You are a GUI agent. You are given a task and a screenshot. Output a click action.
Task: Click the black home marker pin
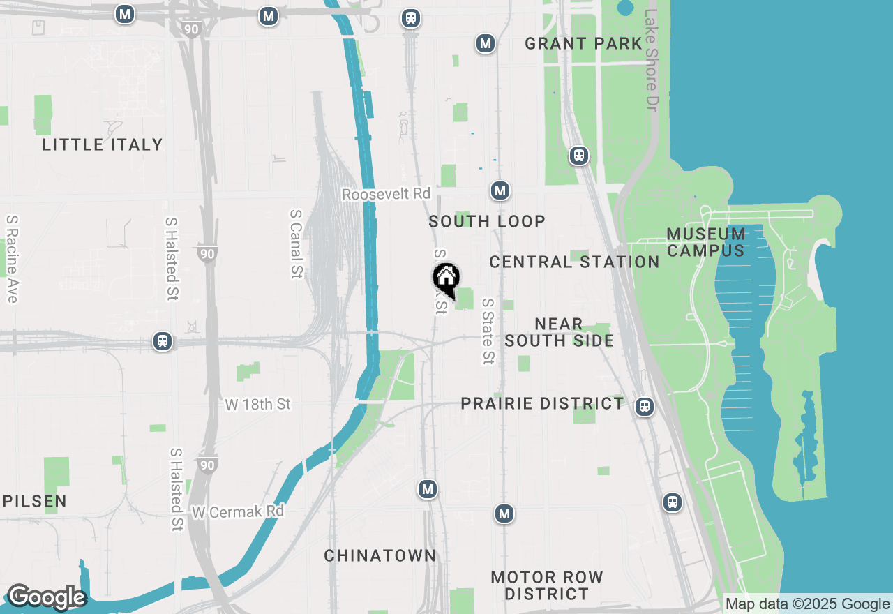446,279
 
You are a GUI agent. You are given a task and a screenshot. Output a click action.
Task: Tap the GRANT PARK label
583,43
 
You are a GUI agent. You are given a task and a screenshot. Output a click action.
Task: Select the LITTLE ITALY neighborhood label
103,144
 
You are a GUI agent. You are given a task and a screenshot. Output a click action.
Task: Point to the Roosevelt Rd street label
386,194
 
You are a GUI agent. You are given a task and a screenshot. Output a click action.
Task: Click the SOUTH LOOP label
487,221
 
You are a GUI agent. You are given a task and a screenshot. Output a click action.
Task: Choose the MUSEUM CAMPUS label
706,241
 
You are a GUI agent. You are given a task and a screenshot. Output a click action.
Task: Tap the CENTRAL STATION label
574,262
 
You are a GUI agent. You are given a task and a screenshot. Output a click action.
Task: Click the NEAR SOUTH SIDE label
559,332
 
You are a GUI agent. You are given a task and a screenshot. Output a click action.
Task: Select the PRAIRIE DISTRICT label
543,403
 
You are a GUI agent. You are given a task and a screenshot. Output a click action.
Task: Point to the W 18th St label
257,404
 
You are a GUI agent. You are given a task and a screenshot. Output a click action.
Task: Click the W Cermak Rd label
238,511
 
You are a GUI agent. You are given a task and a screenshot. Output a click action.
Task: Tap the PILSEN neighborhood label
34,501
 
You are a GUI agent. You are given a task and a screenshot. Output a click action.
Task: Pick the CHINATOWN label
380,555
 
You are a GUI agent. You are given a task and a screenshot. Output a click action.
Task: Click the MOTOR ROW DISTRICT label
547,585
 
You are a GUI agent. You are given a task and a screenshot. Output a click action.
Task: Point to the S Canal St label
297,244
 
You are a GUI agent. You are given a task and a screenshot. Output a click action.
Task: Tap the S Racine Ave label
11,258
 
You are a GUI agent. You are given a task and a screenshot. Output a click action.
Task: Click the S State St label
488,331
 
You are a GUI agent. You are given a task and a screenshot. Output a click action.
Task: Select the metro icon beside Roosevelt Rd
500,190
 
